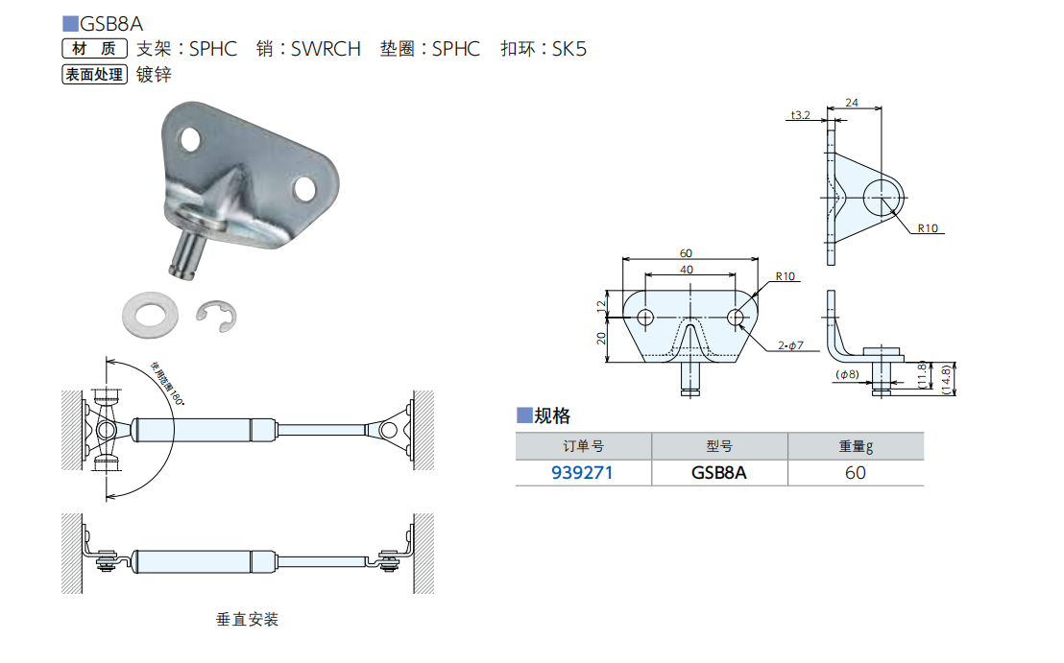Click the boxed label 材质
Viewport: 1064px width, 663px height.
tap(94, 49)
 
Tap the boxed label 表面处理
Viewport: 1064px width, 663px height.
tap(94, 74)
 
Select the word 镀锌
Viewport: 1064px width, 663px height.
tap(154, 74)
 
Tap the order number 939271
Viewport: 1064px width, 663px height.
tap(582, 472)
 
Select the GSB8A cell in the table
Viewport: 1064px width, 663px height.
tap(718, 472)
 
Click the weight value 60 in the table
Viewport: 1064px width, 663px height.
tap(855, 472)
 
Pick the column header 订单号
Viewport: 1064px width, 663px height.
tap(583, 446)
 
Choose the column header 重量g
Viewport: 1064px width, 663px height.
tap(855, 446)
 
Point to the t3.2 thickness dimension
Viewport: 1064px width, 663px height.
tap(800, 115)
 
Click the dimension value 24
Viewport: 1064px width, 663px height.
tap(852, 102)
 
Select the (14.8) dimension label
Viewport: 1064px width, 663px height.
tap(946, 378)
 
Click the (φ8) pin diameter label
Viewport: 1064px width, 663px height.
tap(846, 374)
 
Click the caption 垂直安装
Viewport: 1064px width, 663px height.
tap(248, 620)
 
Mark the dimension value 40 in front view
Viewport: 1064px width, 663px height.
tap(686, 270)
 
